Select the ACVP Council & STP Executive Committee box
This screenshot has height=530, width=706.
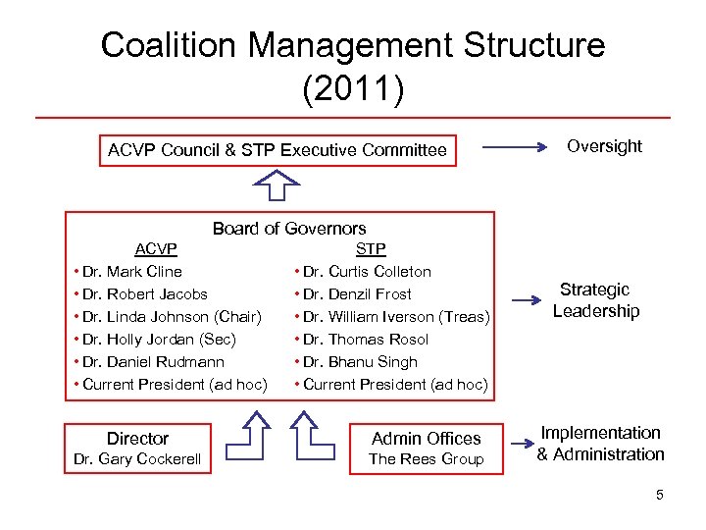(277, 150)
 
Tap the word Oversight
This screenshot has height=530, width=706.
(605, 146)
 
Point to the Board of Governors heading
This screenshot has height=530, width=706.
(289, 229)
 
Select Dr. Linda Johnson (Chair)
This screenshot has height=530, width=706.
(168, 317)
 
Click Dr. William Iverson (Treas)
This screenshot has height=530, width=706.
(391, 317)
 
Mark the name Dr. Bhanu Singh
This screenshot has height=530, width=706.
(356, 362)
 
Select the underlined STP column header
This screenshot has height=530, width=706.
(371, 249)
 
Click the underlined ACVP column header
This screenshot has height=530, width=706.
(155, 249)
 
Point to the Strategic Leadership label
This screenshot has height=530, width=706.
(595, 300)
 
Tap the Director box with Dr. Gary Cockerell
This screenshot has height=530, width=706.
(138, 449)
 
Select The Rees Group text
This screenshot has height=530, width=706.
(427, 459)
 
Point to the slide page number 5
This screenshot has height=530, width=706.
(660, 496)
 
